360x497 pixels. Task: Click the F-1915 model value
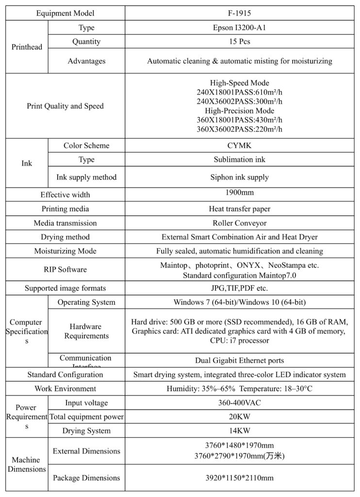(240, 13)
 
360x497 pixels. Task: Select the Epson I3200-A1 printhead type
(240, 28)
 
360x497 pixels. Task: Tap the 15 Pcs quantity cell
(240, 42)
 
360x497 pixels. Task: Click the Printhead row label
(27, 47)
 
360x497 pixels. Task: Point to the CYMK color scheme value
(240, 146)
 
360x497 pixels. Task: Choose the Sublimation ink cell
(240, 160)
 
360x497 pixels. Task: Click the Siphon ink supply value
(240, 177)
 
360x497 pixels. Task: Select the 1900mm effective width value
(240, 193)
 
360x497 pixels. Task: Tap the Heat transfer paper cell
(240, 209)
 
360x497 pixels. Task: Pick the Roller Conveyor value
(240, 223)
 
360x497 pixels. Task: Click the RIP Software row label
(65, 269)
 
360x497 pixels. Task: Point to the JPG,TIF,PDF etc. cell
(240, 288)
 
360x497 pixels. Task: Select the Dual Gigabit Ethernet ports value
(240, 361)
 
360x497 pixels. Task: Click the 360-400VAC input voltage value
(240, 403)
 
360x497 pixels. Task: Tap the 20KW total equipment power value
(240, 417)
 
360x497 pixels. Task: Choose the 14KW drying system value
(240, 431)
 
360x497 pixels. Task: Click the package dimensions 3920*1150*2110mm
(240, 478)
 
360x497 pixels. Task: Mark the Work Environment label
(65, 389)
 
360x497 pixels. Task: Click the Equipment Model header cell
(65, 13)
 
